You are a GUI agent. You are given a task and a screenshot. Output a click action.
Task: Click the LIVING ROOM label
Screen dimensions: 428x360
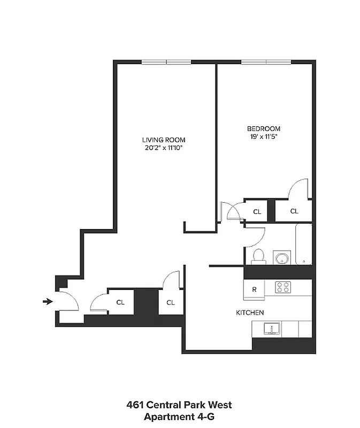[x=164, y=140]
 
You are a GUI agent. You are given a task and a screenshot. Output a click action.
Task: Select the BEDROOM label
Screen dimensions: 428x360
[x=263, y=128]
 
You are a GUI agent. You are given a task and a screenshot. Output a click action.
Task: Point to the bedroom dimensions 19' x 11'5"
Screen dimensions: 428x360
[x=263, y=136]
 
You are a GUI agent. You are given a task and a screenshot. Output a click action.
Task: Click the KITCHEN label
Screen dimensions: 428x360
[x=250, y=312]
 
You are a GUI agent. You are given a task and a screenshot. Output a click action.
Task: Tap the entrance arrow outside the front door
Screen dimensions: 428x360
[x=48, y=302]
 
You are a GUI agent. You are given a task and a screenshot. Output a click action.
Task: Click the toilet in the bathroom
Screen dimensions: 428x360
[x=257, y=256]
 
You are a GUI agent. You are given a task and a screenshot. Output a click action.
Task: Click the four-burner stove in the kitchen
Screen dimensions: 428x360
[x=282, y=287]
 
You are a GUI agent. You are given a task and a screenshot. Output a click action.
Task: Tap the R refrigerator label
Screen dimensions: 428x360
[x=255, y=290]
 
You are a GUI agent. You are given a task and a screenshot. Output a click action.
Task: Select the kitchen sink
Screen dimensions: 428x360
[x=272, y=328]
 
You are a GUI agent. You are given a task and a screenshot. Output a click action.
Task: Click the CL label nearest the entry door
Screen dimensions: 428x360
[x=120, y=302]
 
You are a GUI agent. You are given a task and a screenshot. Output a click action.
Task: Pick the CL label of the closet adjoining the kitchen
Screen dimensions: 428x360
[x=170, y=302]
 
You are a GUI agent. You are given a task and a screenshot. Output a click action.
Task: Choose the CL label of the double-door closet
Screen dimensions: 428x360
[x=257, y=212]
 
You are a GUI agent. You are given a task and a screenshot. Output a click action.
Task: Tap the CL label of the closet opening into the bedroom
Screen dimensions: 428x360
[x=294, y=211]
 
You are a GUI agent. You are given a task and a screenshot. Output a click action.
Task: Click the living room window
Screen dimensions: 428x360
[x=166, y=62]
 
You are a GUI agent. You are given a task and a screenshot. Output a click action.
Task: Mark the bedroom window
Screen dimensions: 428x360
[x=266, y=62]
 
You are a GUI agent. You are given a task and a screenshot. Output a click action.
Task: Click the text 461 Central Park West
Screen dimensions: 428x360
[x=179, y=405]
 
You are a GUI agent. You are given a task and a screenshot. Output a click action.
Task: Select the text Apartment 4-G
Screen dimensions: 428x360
[x=179, y=417]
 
